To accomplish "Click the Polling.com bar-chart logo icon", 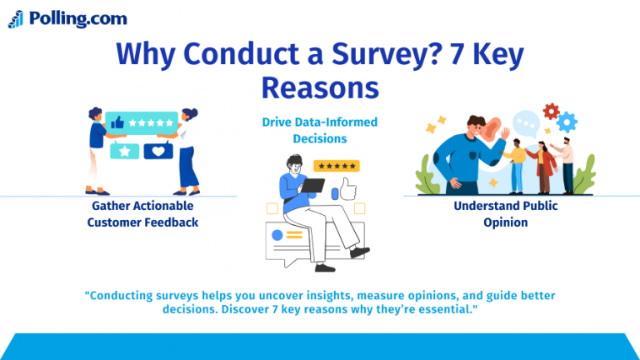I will coord(16,19).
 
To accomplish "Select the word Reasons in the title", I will coord(320,87).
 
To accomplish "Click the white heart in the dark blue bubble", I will coord(157,152).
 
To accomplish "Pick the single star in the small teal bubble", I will coord(126,152).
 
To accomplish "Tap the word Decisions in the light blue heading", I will coord(319,138).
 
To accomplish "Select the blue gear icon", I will coord(567,123).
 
